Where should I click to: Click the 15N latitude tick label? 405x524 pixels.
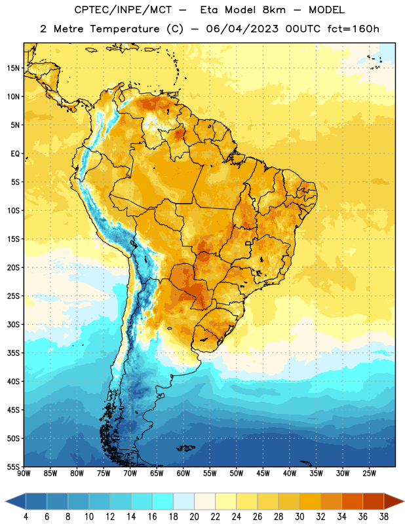[x=13, y=68]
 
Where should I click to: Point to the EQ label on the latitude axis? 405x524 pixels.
[x=15, y=154]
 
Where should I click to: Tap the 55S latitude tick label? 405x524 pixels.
[x=13, y=466]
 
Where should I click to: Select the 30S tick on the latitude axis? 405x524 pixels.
[x=13, y=324]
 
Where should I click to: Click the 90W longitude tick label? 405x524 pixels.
[x=24, y=474]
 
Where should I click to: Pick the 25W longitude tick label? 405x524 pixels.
[x=369, y=474]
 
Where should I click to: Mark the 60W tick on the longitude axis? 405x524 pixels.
[x=183, y=474]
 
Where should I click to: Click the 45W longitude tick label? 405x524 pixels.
[x=263, y=474]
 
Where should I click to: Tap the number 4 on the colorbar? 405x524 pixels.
[x=26, y=517]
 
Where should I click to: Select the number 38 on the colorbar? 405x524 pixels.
[x=384, y=517]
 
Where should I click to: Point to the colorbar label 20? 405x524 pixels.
[x=194, y=517]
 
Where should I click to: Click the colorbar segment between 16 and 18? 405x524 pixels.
[x=163, y=502]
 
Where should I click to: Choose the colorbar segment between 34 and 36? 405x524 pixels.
[x=352, y=502]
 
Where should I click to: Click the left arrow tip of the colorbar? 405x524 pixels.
[x=5, y=502]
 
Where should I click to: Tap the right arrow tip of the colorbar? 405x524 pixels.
[x=404, y=502]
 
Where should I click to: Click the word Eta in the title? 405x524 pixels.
[x=208, y=10]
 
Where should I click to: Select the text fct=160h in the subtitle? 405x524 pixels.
[x=353, y=29]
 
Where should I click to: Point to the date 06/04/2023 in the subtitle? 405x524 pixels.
[x=242, y=29]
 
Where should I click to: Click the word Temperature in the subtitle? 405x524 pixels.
[x=125, y=29]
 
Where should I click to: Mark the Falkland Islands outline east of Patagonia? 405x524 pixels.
[x=185, y=448]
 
